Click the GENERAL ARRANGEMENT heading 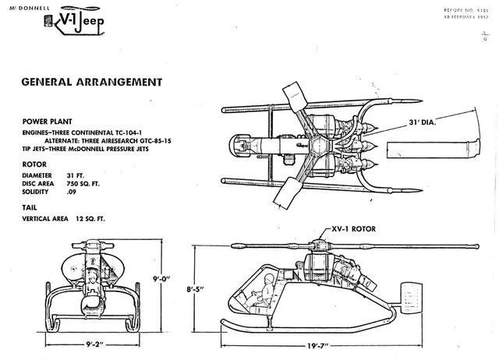click(91, 82)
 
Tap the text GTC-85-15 click(162, 143)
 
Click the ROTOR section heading click(34, 164)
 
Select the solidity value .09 click(72, 192)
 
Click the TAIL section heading click(30, 208)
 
